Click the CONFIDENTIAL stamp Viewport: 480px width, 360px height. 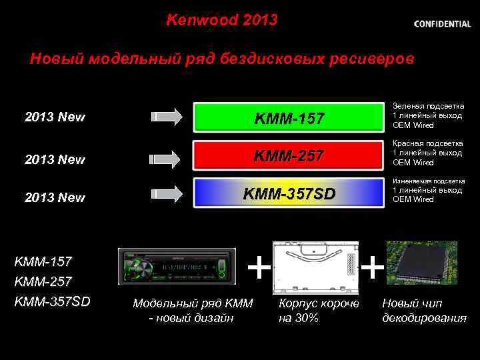click(x=442, y=23)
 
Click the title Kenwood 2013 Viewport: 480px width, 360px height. click(x=221, y=20)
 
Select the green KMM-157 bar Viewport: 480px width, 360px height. click(x=289, y=118)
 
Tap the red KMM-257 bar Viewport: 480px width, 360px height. click(x=289, y=156)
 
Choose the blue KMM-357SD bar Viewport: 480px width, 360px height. click(x=289, y=193)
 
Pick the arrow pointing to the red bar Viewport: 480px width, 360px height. click(x=167, y=159)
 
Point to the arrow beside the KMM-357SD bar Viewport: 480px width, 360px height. click(x=167, y=194)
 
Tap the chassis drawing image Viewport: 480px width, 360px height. click(x=315, y=267)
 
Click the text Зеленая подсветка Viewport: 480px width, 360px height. click(x=429, y=106)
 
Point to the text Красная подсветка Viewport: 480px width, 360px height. click(x=429, y=143)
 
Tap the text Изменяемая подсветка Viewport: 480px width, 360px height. click(x=429, y=181)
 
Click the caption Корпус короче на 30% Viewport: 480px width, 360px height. click(x=319, y=311)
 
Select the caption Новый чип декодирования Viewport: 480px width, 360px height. click(x=424, y=311)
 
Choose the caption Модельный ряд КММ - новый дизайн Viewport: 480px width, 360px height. click(x=193, y=311)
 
